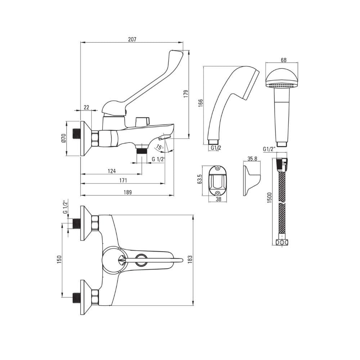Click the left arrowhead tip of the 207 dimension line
(81, 42)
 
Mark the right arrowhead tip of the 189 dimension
(174, 195)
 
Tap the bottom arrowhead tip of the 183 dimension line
(193, 306)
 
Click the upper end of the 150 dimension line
(62, 224)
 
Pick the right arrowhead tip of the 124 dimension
(141, 174)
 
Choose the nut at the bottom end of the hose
(282, 242)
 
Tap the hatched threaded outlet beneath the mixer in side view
(141, 152)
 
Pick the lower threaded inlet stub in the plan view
(76, 297)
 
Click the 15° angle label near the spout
(160, 147)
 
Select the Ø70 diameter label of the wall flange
(64, 139)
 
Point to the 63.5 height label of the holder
(199, 179)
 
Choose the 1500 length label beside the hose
(270, 197)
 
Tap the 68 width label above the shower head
(284, 60)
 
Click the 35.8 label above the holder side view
(252, 159)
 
